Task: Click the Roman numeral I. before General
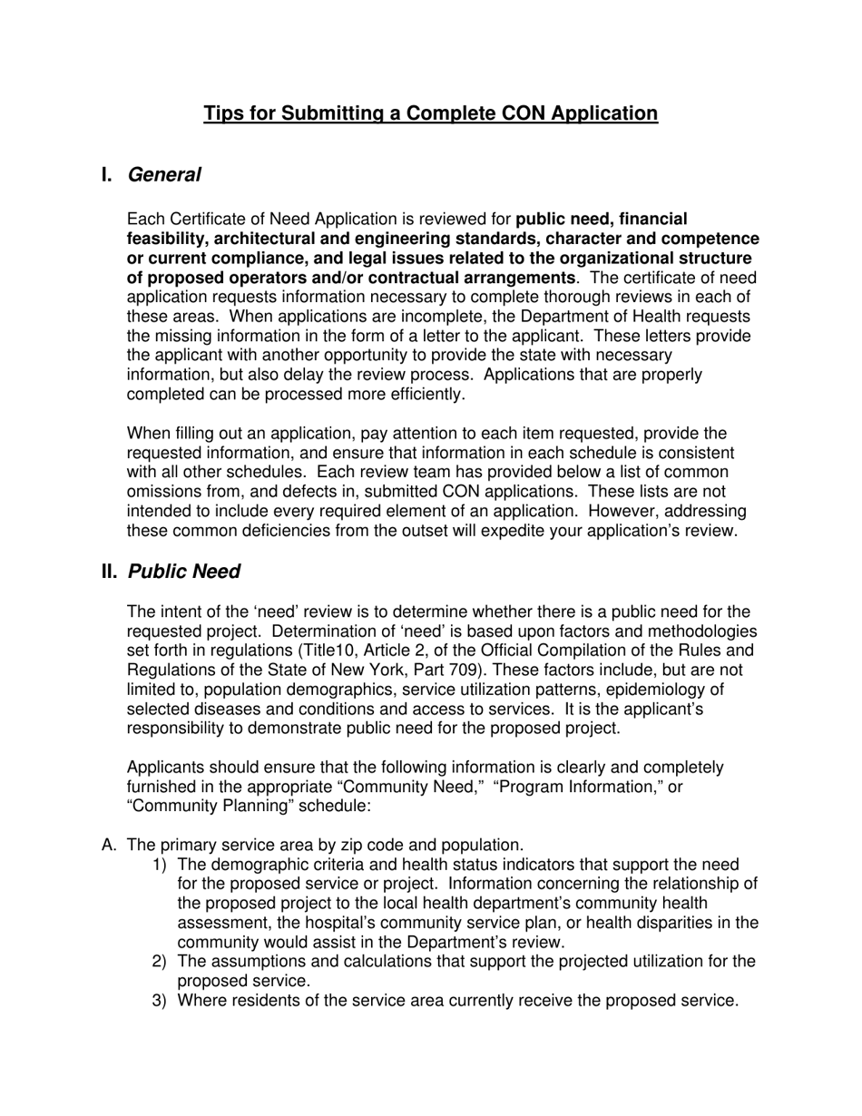click(108, 174)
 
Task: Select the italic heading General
click(164, 174)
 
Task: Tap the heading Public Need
click(184, 572)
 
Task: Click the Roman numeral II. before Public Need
click(110, 572)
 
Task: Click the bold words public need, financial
click(602, 219)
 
